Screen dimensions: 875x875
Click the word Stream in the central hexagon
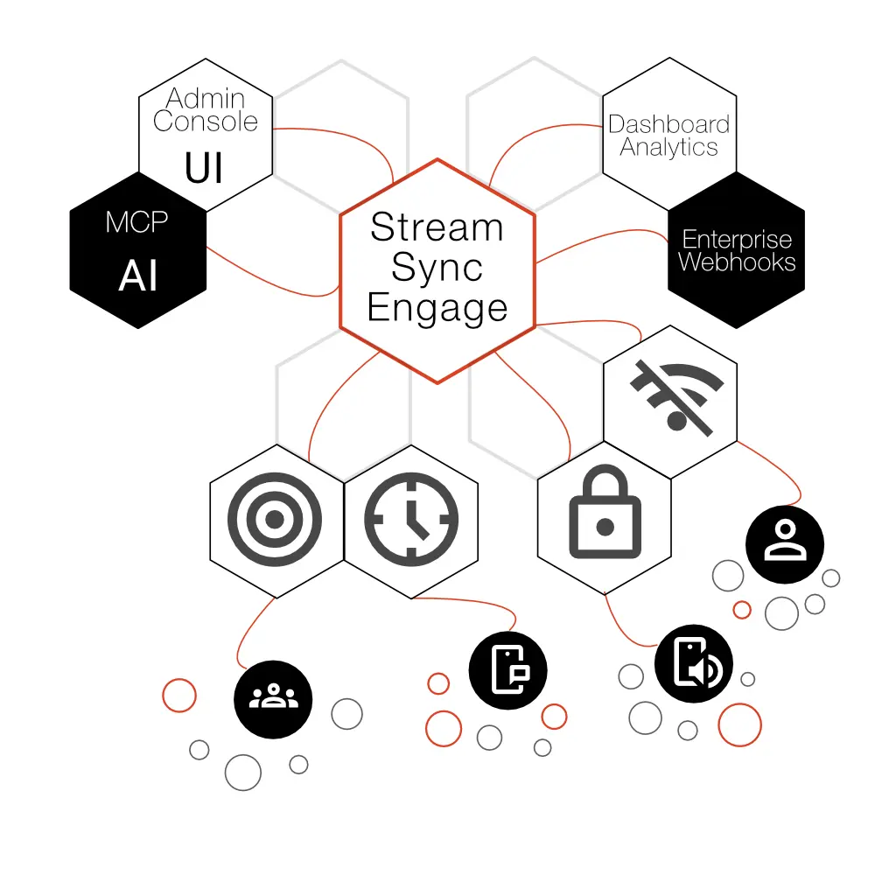(x=437, y=227)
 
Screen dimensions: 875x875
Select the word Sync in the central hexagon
(x=437, y=268)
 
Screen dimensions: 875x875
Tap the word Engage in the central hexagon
(x=437, y=308)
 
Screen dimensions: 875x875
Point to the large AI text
(x=138, y=276)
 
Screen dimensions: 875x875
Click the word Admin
(x=206, y=98)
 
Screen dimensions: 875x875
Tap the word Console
(x=206, y=121)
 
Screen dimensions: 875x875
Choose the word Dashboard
(x=669, y=124)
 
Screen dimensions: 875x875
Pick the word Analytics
(x=669, y=147)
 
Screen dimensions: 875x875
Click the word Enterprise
(x=737, y=239)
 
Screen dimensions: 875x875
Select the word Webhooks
(x=737, y=262)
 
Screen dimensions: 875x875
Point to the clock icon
(x=411, y=518)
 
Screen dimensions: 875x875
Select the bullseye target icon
(x=275, y=519)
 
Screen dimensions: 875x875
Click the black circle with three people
(x=273, y=698)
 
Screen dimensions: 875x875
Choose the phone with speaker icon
(x=694, y=664)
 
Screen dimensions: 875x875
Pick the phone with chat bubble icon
(x=507, y=670)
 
